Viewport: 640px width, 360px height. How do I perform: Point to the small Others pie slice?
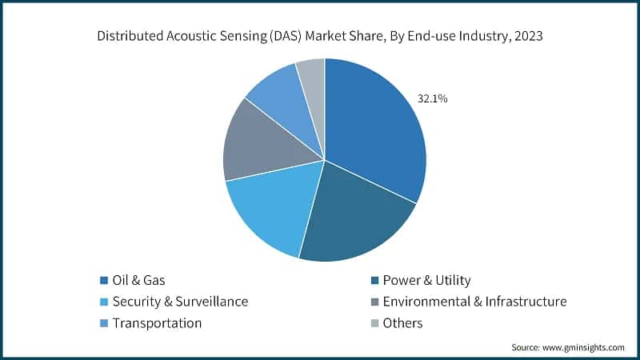coord(313,76)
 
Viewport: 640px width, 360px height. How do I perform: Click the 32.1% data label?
coord(432,99)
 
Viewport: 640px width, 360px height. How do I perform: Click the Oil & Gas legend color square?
coord(104,280)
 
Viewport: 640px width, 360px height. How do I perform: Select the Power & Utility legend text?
coord(426,280)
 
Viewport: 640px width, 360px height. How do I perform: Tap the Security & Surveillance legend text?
coord(180,302)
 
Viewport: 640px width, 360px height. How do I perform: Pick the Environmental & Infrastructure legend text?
coord(474,302)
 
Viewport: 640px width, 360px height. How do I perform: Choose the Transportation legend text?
coord(157,323)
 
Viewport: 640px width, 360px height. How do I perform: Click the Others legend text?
coord(402,323)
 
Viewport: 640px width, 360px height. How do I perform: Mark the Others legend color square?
coord(374,323)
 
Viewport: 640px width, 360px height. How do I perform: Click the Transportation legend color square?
coord(104,323)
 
